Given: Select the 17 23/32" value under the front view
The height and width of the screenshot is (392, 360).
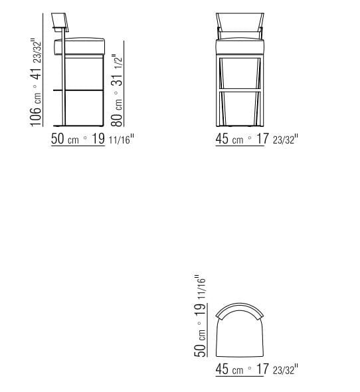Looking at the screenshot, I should point(278,139).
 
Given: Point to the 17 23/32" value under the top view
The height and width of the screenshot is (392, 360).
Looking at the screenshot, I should point(278,369).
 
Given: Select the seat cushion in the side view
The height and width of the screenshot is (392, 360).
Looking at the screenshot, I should point(84,47).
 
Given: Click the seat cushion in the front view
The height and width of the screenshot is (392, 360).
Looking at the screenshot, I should point(242,47).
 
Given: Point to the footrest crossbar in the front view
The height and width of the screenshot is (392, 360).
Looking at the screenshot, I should point(242,88).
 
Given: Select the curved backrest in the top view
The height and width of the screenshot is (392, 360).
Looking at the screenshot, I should point(242,310).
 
